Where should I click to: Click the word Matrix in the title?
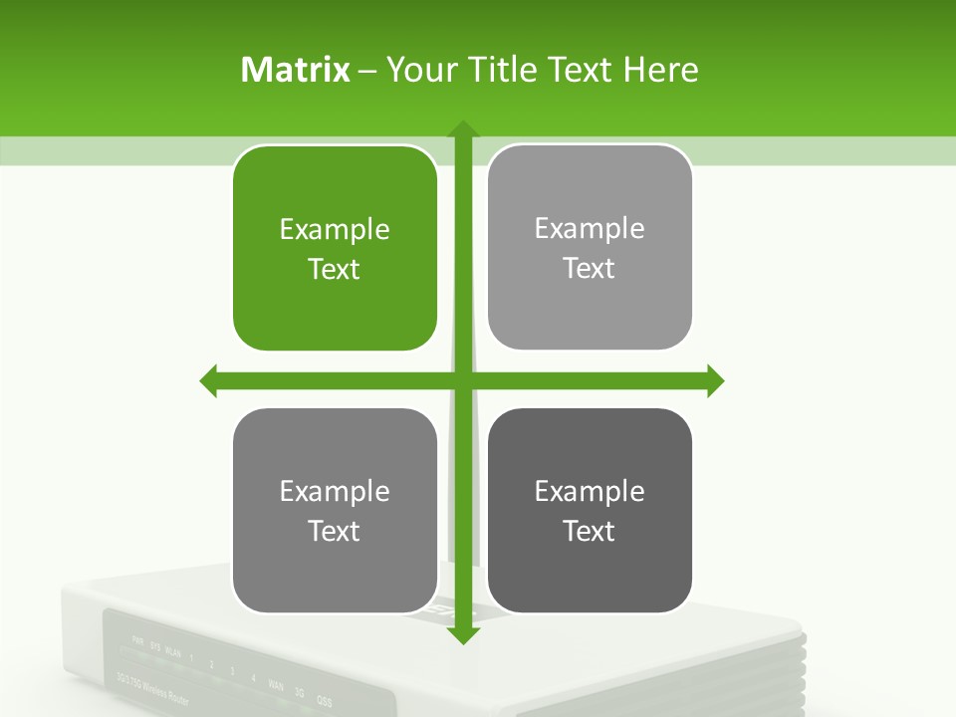[296, 70]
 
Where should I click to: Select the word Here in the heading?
[660, 70]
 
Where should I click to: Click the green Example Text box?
[335, 249]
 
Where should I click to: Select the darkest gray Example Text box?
[590, 511]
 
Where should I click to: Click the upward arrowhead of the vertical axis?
[463, 129]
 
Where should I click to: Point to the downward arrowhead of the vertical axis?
[463, 635]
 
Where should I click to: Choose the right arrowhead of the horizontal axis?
[715, 380]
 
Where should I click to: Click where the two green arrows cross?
[463, 380]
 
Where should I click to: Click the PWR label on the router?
[137, 640]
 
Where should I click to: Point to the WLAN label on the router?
[173, 652]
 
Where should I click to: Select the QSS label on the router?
[324, 700]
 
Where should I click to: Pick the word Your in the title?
[417, 70]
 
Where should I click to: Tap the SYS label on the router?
[154, 646]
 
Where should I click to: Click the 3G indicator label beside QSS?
[299, 692]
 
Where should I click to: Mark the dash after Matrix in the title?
[367, 70]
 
